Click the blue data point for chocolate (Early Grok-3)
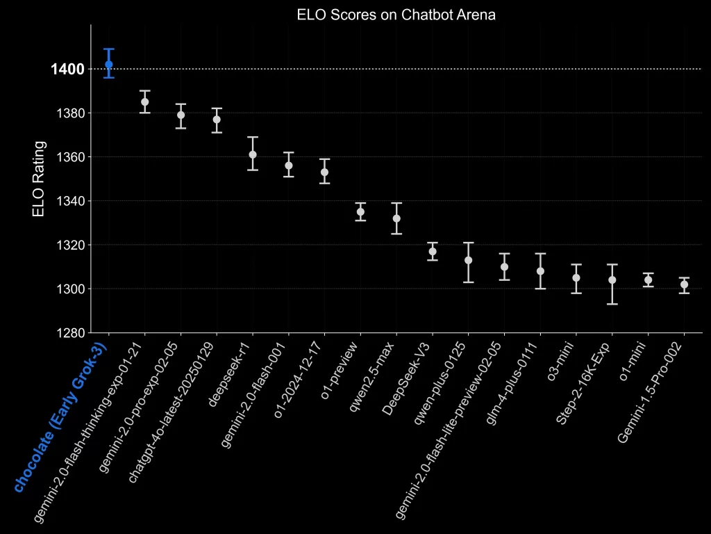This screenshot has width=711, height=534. [108, 64]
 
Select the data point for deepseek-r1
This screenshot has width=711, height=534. [253, 154]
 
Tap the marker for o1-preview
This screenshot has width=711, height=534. [360, 211]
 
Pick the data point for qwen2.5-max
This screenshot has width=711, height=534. [396, 218]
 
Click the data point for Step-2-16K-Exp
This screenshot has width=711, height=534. [612, 280]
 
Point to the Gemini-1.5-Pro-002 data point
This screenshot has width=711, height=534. [684, 284]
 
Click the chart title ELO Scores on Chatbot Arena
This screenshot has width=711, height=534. [396, 15]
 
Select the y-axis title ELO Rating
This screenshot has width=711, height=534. [39, 179]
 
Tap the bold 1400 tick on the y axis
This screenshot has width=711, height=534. [67, 69]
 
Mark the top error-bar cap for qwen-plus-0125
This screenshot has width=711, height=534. [469, 243]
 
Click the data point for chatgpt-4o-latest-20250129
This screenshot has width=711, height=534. [217, 120]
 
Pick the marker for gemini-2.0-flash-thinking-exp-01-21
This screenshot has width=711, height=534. [144, 102]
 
